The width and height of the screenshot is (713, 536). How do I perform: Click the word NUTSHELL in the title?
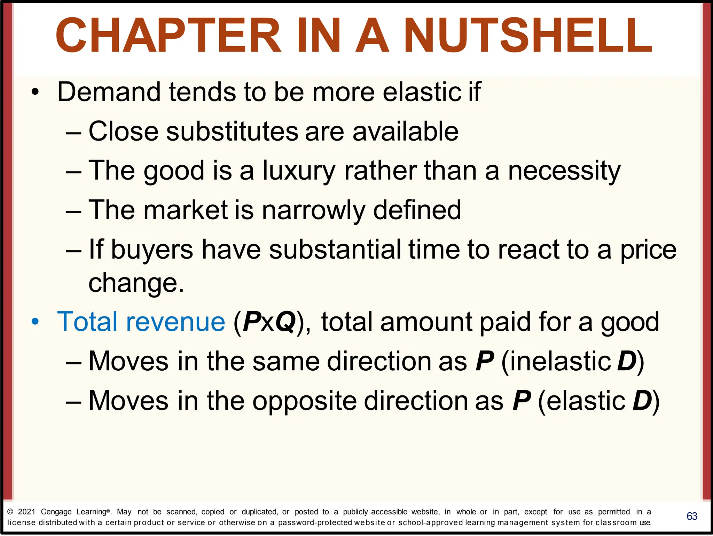[x=528, y=36]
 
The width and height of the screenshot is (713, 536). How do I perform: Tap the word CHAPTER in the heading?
[x=169, y=36]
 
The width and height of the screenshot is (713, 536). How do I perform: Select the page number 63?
[x=692, y=516]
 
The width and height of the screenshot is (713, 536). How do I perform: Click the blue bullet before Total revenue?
[x=35, y=322]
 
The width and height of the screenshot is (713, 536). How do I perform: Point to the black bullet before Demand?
[x=35, y=92]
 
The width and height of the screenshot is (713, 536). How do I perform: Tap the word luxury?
[x=299, y=171]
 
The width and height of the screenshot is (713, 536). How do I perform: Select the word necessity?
[x=564, y=171]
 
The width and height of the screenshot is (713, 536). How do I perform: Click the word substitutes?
[x=232, y=132]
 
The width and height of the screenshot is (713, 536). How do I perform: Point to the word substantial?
[x=335, y=250]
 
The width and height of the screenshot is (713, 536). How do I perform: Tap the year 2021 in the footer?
[x=26, y=512]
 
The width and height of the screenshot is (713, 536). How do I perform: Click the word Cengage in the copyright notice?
[x=56, y=512]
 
